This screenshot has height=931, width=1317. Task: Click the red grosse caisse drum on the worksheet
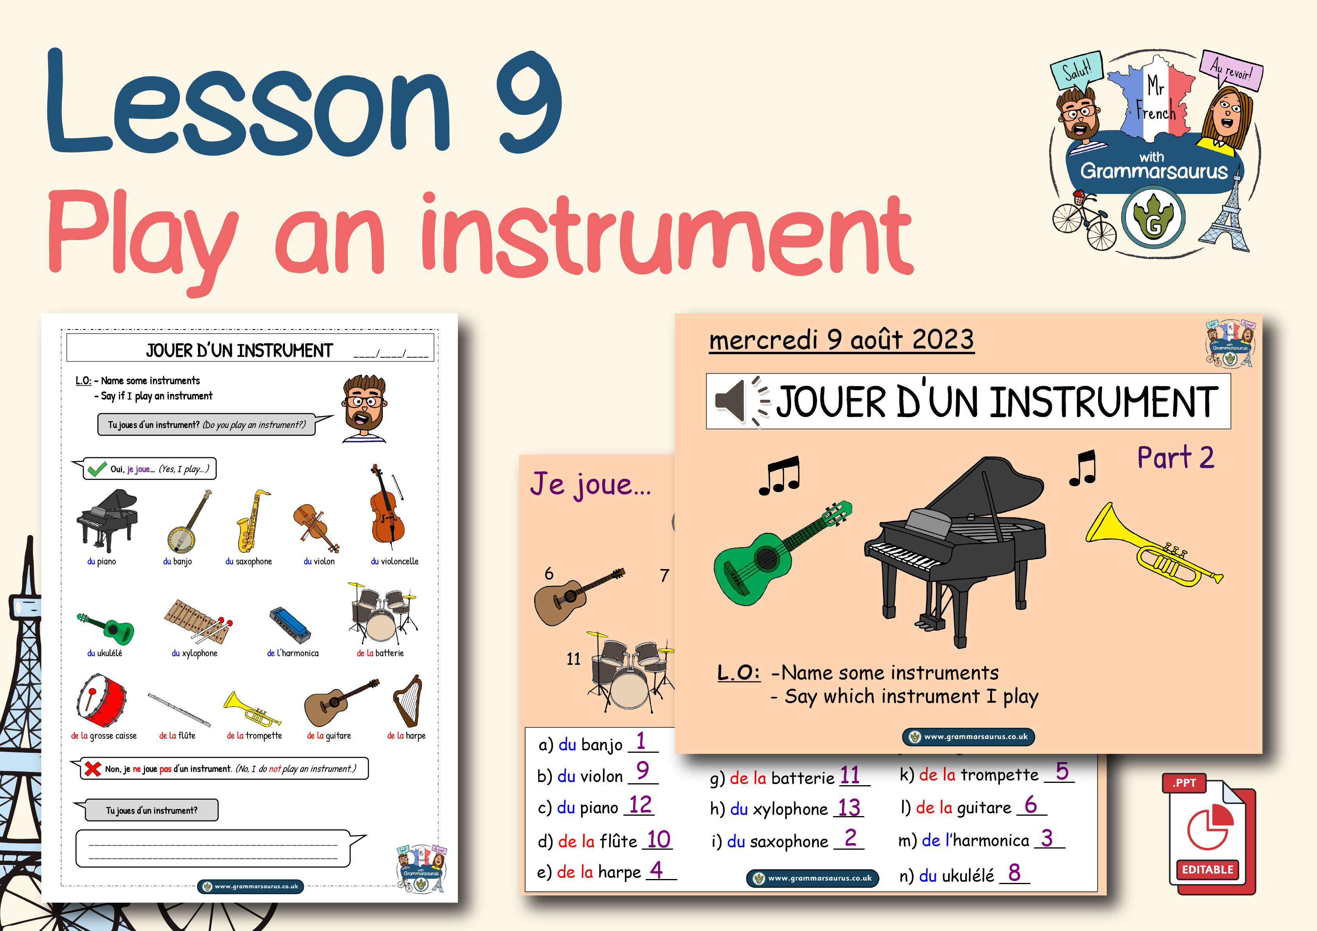[x=102, y=700]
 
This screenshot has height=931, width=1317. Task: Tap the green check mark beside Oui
[x=95, y=469]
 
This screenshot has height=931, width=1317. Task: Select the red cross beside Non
[x=92, y=769]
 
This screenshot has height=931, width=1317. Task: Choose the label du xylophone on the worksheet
[x=194, y=653]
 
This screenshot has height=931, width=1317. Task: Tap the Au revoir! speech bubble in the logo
[x=1231, y=72]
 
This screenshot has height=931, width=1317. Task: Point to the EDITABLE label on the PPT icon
[x=1208, y=870]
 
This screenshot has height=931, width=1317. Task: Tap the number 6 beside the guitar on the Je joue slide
[x=549, y=573]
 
